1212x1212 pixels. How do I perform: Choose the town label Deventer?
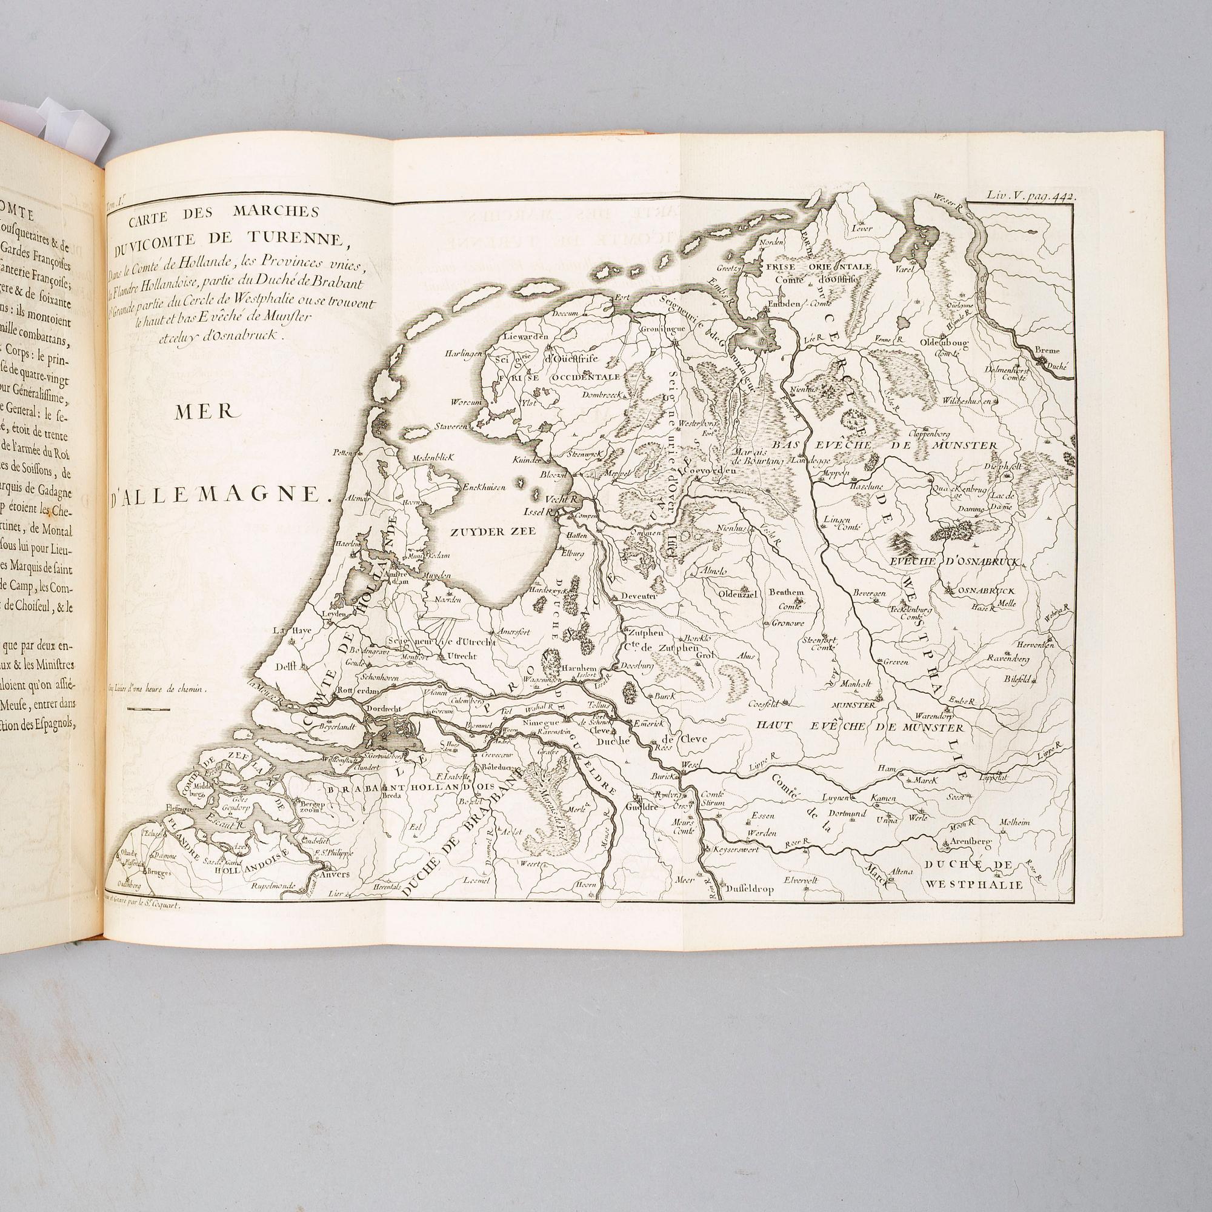(x=638, y=596)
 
